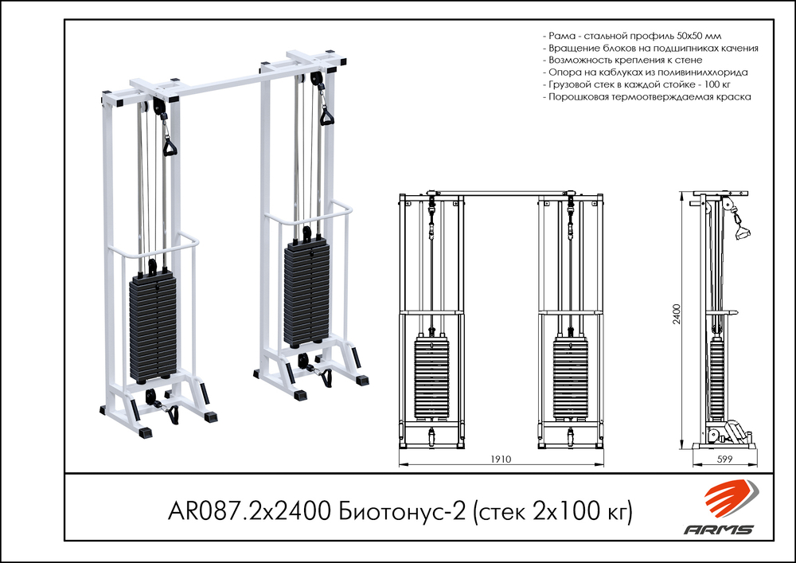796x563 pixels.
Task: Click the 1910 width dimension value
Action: click(501, 459)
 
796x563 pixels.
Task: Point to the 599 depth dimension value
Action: click(724, 459)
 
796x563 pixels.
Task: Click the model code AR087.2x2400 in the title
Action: click(248, 510)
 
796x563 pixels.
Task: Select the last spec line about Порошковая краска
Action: click(646, 96)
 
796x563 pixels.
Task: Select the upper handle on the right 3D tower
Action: click(326, 117)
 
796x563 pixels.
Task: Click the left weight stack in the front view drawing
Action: click(431, 377)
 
